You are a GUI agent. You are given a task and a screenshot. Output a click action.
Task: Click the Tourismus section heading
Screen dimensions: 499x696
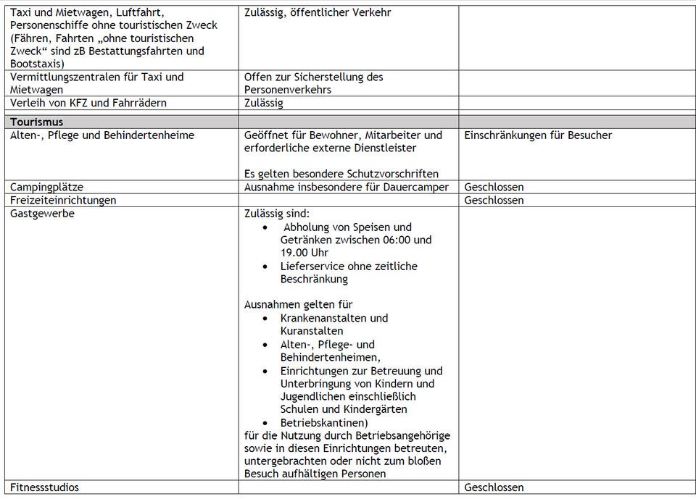coord(37,122)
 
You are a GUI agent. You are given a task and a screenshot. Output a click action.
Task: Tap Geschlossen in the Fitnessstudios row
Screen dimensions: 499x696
coord(494,487)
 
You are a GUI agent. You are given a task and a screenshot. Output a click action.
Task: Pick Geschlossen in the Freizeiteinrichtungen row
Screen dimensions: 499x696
coord(494,200)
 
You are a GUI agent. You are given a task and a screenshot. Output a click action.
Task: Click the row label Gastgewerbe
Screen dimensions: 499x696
coord(42,213)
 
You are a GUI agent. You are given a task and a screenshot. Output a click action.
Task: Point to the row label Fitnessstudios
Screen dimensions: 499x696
coord(44,487)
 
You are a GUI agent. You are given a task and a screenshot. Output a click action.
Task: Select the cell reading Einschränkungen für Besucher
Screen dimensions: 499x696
coord(538,135)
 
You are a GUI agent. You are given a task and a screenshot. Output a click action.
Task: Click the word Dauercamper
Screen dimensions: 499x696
coord(416,187)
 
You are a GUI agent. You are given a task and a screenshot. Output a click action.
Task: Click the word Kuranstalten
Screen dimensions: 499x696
coord(312,331)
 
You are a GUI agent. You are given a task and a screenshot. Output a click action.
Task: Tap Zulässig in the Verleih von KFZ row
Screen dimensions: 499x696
coord(263,103)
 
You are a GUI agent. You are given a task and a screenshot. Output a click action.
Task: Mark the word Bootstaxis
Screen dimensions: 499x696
coord(36,64)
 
